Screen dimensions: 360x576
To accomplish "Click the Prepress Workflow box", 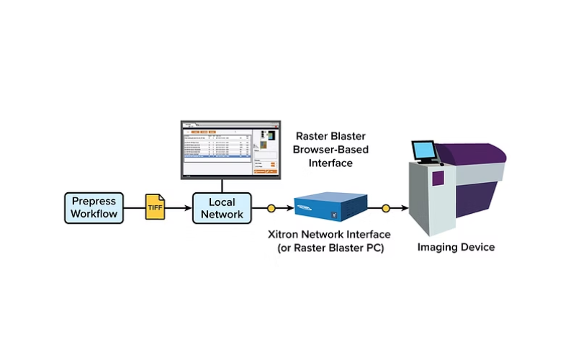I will tap(94, 208).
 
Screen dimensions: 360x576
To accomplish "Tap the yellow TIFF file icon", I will tap(155, 207).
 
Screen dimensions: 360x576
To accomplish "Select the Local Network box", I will tap(223, 207).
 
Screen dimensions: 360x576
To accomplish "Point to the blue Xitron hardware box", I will tap(328, 205).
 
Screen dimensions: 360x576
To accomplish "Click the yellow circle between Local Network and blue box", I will tap(271, 209).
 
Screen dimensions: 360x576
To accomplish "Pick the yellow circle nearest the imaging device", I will tap(386, 209).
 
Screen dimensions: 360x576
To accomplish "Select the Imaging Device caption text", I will tap(456, 248).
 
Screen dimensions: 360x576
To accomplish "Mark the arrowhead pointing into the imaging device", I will tap(405, 209).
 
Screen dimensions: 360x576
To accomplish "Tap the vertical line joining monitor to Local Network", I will tap(223, 185).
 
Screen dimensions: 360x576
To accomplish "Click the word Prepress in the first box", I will tap(94, 201).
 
